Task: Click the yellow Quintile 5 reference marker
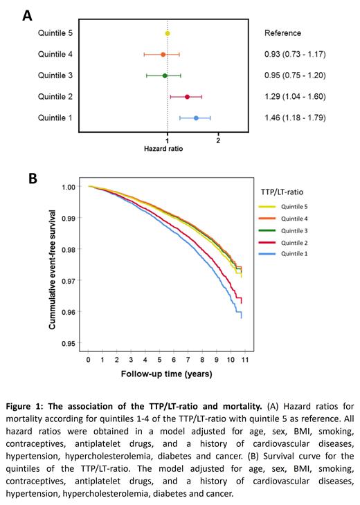(x=168, y=33)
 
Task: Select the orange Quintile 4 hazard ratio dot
(x=163, y=54)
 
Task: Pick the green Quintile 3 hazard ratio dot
(x=165, y=75)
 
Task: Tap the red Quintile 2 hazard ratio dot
(x=187, y=97)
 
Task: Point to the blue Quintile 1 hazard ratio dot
(x=196, y=118)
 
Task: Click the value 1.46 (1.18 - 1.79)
(x=295, y=118)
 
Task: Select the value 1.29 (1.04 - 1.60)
(x=295, y=97)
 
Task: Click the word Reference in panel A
(x=283, y=33)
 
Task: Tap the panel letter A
(x=28, y=13)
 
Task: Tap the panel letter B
(x=32, y=178)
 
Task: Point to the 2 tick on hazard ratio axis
(x=218, y=140)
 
